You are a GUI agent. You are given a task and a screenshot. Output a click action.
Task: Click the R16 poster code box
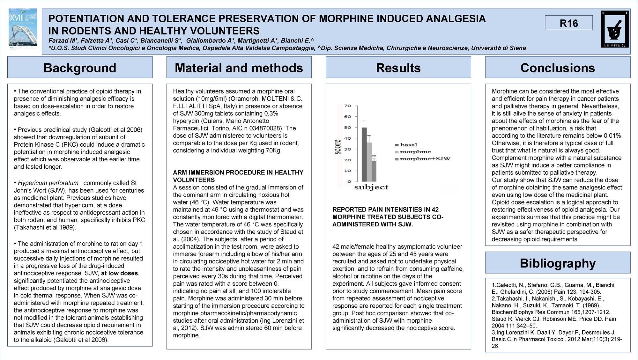(568, 23)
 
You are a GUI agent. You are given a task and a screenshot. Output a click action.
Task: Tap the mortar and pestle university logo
(615, 29)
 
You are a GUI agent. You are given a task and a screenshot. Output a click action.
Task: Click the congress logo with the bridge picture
(23, 29)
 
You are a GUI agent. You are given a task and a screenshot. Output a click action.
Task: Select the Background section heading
(80, 68)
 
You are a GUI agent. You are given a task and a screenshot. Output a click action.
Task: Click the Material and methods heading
(239, 68)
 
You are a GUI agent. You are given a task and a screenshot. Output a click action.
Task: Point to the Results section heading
(398, 68)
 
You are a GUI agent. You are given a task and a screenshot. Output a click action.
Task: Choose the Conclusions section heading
(557, 68)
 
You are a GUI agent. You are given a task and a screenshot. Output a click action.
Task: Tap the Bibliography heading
(557, 263)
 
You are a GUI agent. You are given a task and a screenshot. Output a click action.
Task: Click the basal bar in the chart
(364, 155)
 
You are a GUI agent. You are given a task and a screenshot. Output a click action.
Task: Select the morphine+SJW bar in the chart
(374, 171)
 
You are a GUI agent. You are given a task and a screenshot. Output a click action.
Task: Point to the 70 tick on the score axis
(347, 106)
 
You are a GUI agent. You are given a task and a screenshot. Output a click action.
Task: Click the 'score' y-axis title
(338, 147)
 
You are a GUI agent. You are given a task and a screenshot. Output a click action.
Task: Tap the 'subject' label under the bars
(371, 187)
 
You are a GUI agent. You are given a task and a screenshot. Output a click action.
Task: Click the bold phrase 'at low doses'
(119, 273)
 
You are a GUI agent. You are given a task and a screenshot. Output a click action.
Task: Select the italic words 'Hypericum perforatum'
(48, 183)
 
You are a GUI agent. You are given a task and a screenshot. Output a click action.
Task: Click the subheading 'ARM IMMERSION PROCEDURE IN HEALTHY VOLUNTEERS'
(238, 176)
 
